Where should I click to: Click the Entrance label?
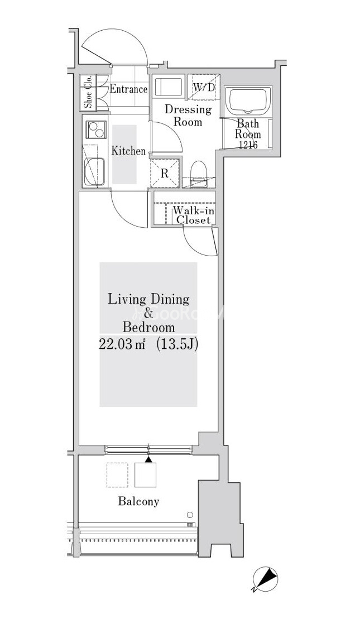click(128, 89)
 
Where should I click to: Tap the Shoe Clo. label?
click(88, 93)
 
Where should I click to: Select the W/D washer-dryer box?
click(204, 87)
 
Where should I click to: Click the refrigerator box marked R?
click(165, 172)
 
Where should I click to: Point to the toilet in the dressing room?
click(198, 174)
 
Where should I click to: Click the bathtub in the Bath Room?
click(248, 100)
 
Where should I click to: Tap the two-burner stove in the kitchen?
click(96, 129)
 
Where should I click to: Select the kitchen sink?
click(95, 171)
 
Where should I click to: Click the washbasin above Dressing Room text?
click(168, 87)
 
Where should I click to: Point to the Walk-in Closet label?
click(193, 215)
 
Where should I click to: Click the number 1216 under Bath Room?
click(248, 145)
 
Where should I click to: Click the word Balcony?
click(138, 501)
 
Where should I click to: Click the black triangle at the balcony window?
click(148, 459)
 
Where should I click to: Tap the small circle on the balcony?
click(190, 515)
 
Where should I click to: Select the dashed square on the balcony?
click(117, 475)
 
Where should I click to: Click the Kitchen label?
click(128, 151)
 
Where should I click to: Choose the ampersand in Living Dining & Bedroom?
click(148, 313)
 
